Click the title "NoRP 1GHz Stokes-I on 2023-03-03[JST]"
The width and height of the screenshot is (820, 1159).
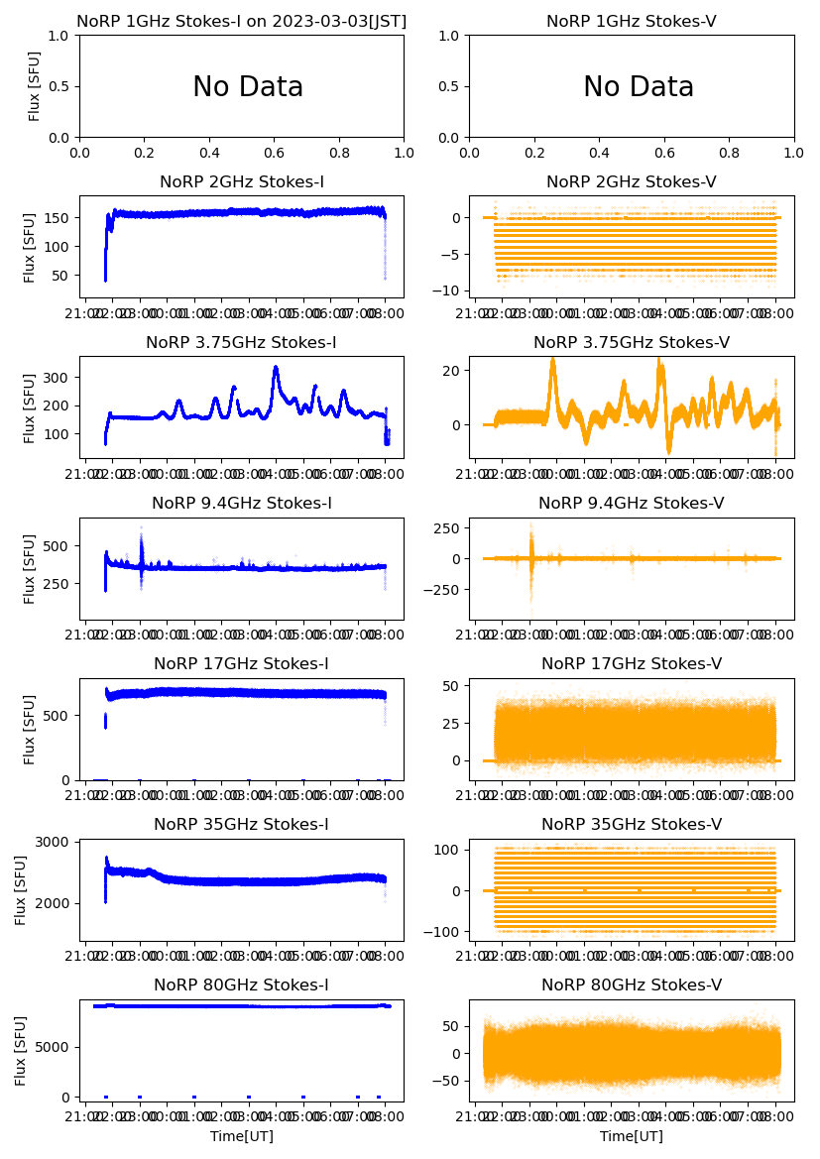pyautogui.click(x=242, y=21)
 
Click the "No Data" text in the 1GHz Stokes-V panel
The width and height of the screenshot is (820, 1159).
pyautogui.click(x=639, y=87)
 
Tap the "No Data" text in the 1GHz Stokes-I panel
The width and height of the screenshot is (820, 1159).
pyautogui.click(x=248, y=87)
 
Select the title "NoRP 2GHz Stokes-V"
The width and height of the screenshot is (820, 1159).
pyautogui.click(x=632, y=182)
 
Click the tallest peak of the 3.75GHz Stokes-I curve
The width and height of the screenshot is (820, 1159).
pyautogui.click(x=275, y=368)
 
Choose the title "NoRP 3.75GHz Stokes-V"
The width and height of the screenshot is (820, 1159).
pyautogui.click(x=632, y=343)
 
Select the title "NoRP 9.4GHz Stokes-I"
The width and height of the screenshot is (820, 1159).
pyautogui.click(x=242, y=504)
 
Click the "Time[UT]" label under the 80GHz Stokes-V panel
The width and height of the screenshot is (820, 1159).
pyautogui.click(x=632, y=1136)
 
